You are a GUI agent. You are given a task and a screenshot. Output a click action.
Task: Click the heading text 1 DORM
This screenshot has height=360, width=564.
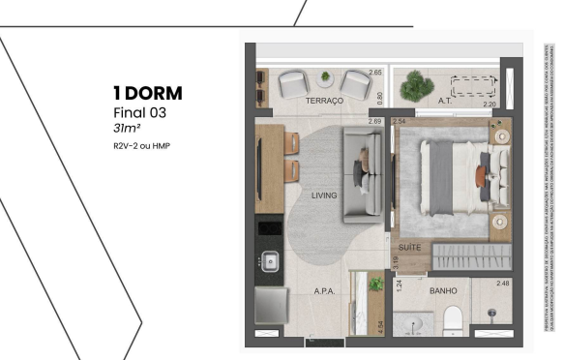pyautogui.click(x=148, y=94)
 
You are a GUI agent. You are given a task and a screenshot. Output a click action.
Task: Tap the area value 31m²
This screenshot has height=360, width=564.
pyautogui.click(x=128, y=128)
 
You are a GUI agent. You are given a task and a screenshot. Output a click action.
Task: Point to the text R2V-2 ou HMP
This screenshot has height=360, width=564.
pyautogui.click(x=140, y=146)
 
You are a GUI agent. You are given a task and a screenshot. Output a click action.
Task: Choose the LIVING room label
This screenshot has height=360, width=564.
pyautogui.click(x=324, y=195)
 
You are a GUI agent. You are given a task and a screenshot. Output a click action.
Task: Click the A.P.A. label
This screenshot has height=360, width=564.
pyautogui.click(x=324, y=289)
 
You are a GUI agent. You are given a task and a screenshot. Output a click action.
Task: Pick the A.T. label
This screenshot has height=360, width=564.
pyautogui.click(x=446, y=100)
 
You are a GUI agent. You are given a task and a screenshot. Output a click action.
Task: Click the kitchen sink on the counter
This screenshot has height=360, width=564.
pyautogui.click(x=271, y=260)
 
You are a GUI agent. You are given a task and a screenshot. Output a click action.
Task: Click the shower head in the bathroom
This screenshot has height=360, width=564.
pyautogui.click(x=493, y=314)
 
